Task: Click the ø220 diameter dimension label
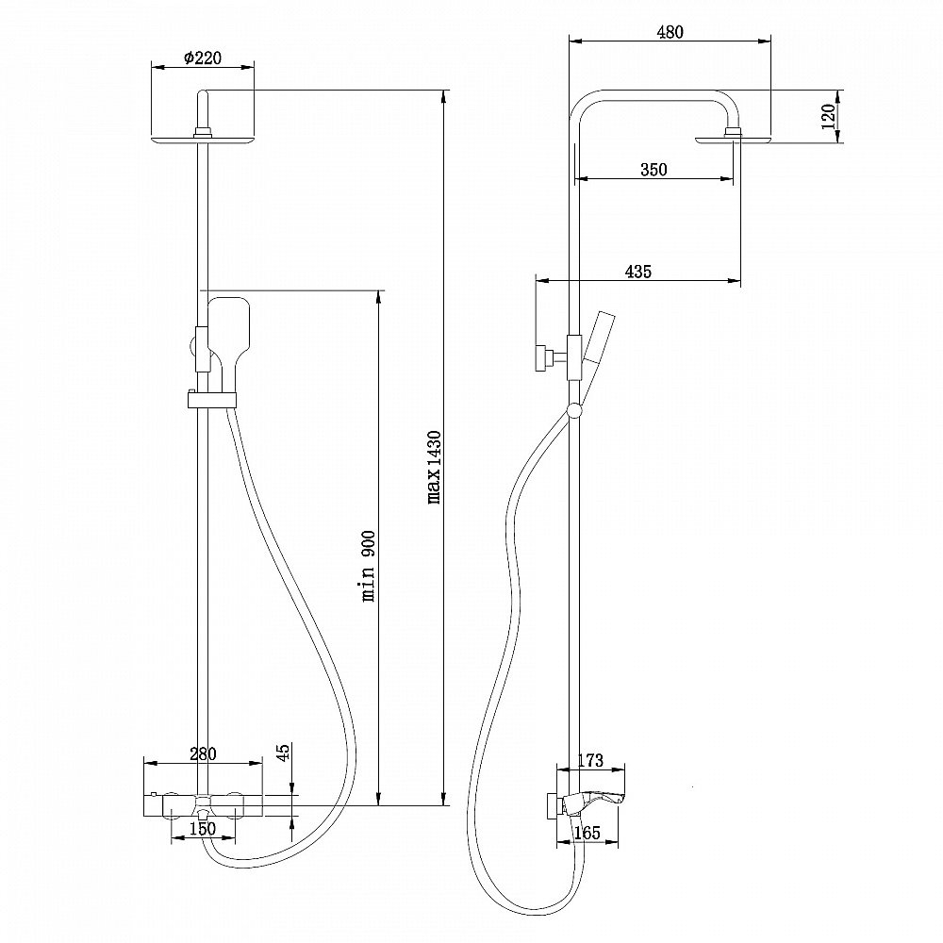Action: click(202, 58)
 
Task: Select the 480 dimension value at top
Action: click(669, 32)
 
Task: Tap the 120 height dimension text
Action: click(829, 118)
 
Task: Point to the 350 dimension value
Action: click(653, 170)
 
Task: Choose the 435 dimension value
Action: click(638, 272)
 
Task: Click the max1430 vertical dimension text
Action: click(435, 468)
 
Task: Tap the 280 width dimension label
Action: click(203, 753)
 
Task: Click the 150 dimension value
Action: click(202, 829)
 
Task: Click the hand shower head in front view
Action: click(228, 325)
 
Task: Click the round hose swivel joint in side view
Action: click(573, 410)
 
